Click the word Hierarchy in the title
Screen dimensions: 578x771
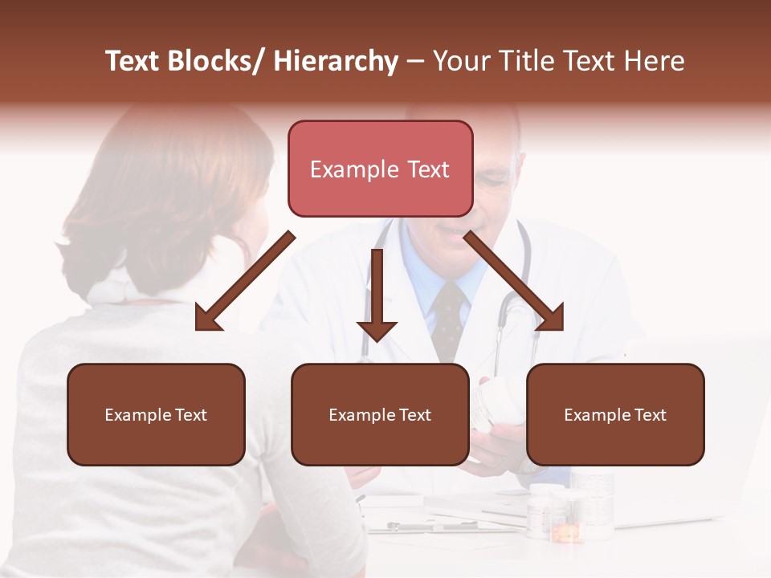pos(336,61)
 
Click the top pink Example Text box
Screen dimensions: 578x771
pos(380,169)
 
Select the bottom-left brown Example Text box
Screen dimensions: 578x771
pos(156,415)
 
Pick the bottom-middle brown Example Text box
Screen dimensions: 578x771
pos(380,415)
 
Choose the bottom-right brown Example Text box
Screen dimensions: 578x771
pos(615,415)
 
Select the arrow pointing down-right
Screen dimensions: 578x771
pos(514,281)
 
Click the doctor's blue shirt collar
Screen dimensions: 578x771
pos(418,273)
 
